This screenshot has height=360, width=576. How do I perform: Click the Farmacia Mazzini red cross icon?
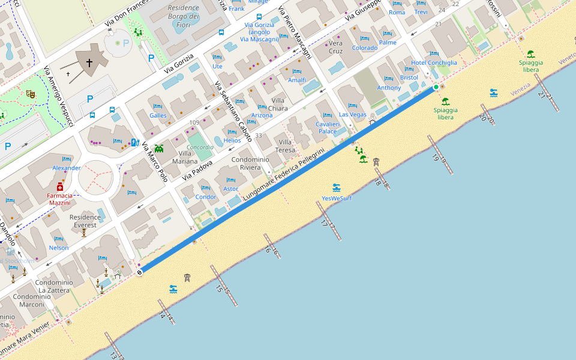60,187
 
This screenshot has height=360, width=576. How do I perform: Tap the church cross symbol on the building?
89,62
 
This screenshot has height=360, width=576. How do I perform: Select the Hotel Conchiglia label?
434,62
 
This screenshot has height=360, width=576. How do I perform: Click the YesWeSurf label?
337,197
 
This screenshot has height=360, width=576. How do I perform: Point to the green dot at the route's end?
436,88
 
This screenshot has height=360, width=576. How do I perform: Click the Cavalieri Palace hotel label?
327,127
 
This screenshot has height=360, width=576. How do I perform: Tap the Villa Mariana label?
185,157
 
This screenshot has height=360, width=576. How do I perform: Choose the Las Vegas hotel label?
353,114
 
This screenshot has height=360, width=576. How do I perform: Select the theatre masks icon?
31,94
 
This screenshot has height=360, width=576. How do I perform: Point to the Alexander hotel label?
67,168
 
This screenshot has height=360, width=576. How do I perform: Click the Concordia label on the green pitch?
200,147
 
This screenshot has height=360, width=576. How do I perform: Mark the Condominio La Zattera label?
54,286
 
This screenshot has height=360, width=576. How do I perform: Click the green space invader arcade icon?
159,148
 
